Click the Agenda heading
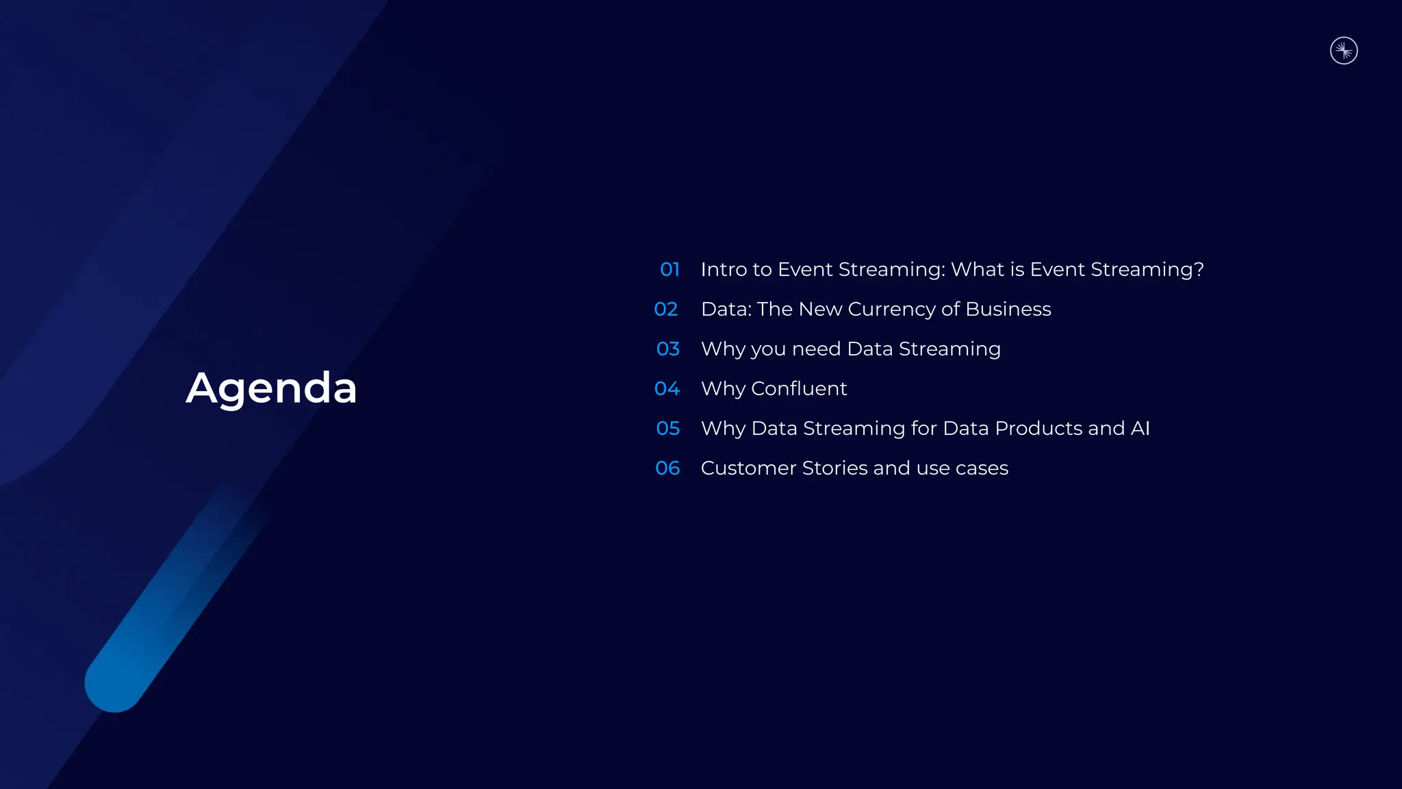271,388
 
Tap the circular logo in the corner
1344,51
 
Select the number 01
670,269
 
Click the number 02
666,309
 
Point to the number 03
667,349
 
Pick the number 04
667,388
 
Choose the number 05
667,428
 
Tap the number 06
667,468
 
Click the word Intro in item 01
723,269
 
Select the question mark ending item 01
1198,269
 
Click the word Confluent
799,388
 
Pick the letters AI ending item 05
1140,428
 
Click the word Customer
748,468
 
